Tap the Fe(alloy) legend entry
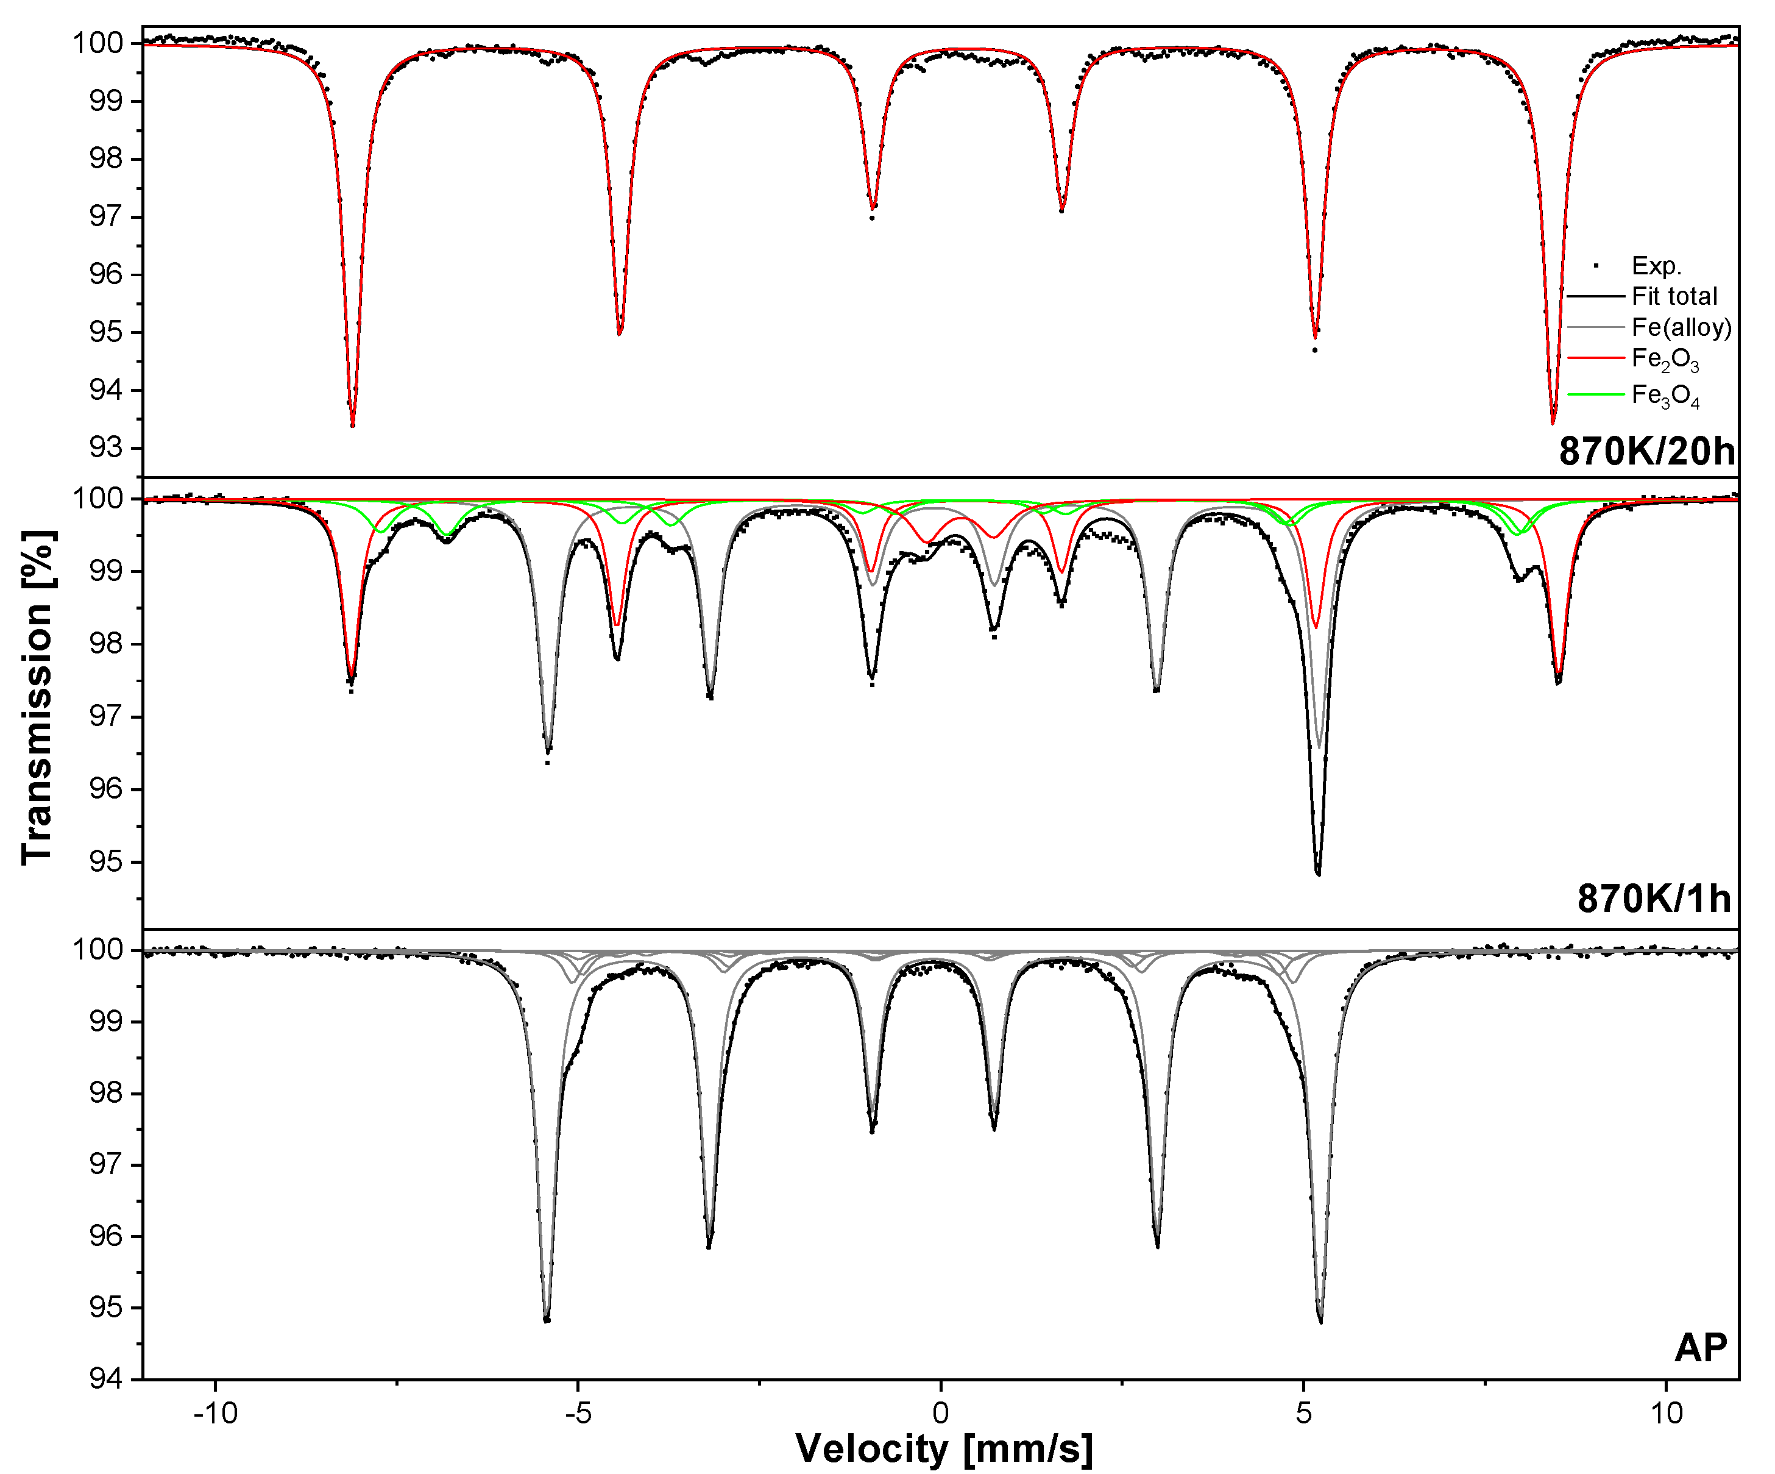[1681, 327]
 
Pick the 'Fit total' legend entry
[1674, 296]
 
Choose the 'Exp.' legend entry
[1656, 266]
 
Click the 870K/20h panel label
[1646, 452]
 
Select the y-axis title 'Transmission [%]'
[37, 697]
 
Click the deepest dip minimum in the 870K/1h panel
[1318, 874]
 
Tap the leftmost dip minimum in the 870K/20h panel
[352, 425]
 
